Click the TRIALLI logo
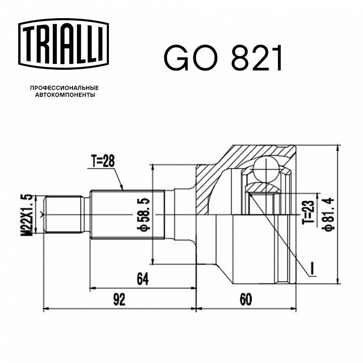coord(64,44)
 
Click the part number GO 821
coord(223,58)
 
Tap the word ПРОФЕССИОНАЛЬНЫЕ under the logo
coord(64,88)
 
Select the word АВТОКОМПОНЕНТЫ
coord(65,95)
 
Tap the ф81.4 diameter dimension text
coord(329,214)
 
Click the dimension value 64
coord(143,279)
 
